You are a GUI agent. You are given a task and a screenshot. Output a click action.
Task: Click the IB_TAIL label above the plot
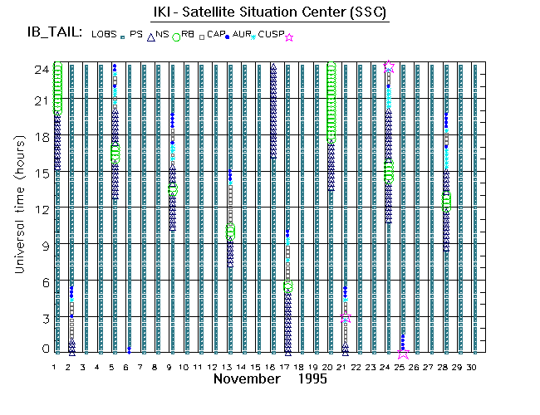click(55, 33)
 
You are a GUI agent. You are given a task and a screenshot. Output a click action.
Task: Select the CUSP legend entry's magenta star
click(289, 37)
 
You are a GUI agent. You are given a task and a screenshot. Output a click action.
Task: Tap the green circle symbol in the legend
click(176, 37)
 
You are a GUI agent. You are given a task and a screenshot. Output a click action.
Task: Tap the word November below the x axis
click(248, 378)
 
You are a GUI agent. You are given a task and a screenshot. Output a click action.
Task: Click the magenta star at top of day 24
click(389, 66)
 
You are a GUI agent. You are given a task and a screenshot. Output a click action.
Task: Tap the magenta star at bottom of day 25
click(403, 353)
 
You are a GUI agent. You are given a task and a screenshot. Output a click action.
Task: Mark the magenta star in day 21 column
click(345, 318)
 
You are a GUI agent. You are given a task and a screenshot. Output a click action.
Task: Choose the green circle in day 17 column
click(288, 286)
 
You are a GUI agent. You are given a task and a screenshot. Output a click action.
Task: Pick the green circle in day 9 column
click(173, 189)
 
